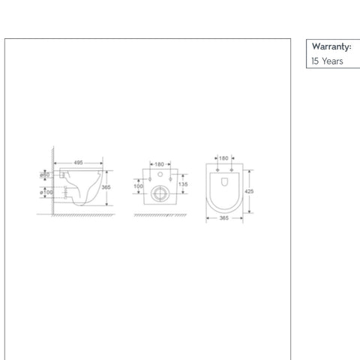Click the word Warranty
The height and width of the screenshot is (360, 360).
tap(331, 46)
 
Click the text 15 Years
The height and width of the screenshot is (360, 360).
tap(327, 61)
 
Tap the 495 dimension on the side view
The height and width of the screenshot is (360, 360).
tap(77, 161)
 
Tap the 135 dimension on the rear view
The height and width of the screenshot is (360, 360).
tap(182, 184)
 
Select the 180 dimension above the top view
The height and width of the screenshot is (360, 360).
tap(223, 158)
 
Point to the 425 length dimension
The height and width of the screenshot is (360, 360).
tap(249, 191)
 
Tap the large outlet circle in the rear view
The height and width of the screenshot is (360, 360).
tap(159, 194)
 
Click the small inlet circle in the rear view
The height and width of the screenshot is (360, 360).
tap(159, 177)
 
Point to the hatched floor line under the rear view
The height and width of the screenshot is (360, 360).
tap(158, 215)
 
